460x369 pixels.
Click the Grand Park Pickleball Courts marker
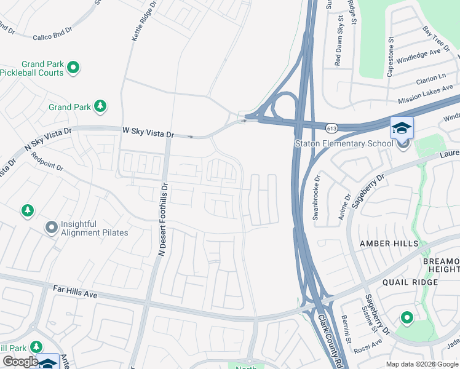coord(73,68)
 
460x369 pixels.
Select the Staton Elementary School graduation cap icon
coord(402,128)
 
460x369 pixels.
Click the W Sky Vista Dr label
coord(149,132)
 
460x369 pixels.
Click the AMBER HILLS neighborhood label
coord(388,244)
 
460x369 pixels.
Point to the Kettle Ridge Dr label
coord(136,22)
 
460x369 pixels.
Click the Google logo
coord(20,362)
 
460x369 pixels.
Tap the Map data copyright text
coord(422,364)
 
